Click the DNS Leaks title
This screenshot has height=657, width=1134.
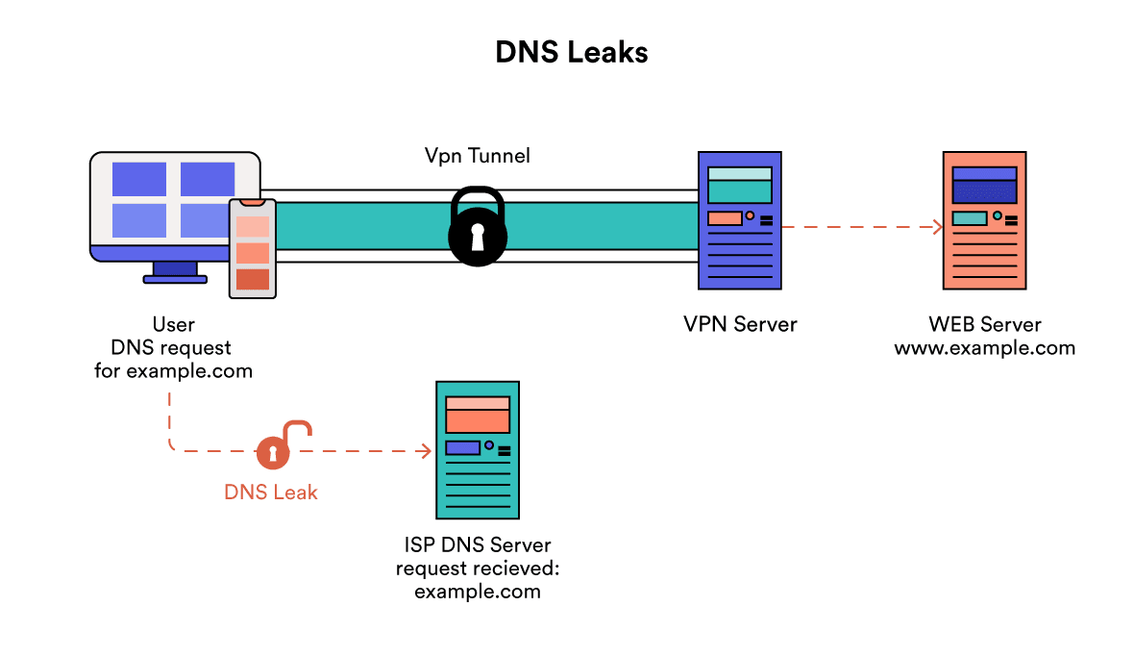[x=571, y=52]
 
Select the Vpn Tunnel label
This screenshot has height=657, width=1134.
[x=477, y=155]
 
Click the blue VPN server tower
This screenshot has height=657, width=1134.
[x=739, y=220]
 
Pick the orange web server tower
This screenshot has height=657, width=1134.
[x=983, y=220]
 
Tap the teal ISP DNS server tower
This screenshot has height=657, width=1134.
[x=477, y=450]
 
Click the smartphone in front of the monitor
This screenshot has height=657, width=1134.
[x=252, y=248]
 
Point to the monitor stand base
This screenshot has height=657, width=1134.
[x=175, y=279]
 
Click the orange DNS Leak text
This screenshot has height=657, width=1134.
[x=270, y=492]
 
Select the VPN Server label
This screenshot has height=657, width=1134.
[x=740, y=324]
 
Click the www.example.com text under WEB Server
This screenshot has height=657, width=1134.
[x=984, y=347]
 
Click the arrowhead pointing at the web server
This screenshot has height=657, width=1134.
[x=936, y=227]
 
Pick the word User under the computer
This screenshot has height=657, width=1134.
[x=173, y=324]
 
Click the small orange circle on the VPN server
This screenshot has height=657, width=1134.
[x=750, y=216]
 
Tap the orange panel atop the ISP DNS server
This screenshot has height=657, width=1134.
[x=477, y=416]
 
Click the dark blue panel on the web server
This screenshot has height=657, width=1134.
[x=983, y=191]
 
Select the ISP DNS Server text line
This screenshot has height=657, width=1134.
[x=477, y=545]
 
